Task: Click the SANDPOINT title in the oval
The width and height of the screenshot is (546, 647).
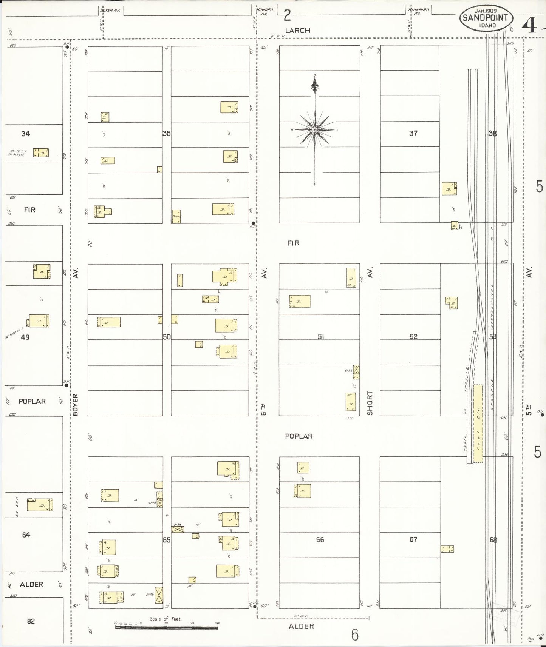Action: coord(486,18)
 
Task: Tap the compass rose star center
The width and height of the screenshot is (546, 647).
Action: coord(314,130)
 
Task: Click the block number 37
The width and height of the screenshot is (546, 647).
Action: coord(413,133)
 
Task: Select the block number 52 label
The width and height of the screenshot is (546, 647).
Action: coord(413,336)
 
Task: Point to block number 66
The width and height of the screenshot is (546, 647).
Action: coord(320,540)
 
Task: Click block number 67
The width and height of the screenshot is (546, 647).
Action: coord(413,539)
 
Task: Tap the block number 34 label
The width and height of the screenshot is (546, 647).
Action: coord(26,134)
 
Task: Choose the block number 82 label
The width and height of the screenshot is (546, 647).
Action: coord(31,621)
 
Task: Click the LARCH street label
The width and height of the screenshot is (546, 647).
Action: coord(298,31)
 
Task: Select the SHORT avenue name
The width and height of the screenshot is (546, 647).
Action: coord(370,403)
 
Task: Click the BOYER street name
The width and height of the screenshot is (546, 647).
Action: coord(75,405)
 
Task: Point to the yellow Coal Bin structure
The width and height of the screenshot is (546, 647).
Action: coord(478,423)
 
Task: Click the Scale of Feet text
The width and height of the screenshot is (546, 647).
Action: coord(166,619)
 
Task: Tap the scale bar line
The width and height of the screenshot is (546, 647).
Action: coord(166,627)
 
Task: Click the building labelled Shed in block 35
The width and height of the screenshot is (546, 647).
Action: coord(176,216)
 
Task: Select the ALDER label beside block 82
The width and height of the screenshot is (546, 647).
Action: coord(31,584)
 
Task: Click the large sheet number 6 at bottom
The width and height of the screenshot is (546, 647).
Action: coord(354,635)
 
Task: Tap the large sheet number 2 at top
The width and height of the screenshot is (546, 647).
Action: coord(287,15)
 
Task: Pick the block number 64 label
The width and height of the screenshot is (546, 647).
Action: coord(26,535)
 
